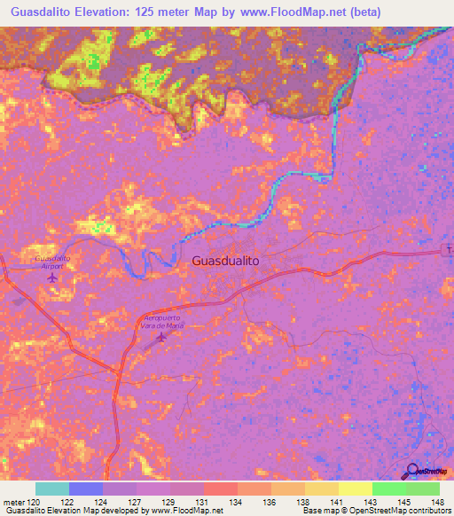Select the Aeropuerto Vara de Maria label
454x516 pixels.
pyautogui.click(x=160, y=321)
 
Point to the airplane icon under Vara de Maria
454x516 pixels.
pyautogui.click(x=160, y=337)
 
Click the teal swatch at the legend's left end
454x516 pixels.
pyautogui.click(x=51, y=489)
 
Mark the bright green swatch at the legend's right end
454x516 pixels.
pyautogui.click(x=422, y=489)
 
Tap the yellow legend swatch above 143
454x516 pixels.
pyautogui.click(x=355, y=489)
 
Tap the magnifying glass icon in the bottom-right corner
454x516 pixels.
pyautogui.click(x=411, y=471)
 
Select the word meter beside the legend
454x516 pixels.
pyautogui.click(x=14, y=502)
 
